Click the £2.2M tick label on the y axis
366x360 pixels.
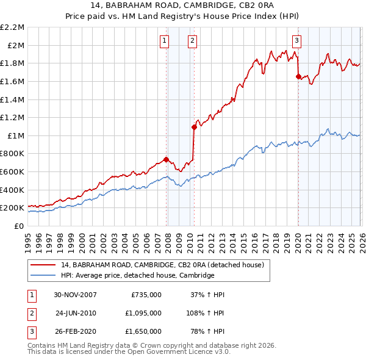[13, 27]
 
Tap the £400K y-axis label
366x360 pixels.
[13, 190]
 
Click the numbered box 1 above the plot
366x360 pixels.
[165, 41]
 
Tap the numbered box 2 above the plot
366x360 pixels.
[192, 41]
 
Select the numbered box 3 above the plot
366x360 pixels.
[296, 41]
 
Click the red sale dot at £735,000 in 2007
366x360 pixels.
[167, 159]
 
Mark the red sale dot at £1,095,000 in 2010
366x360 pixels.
[194, 127]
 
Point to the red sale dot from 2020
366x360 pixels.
[298, 77]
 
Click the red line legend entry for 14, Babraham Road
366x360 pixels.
[162, 265]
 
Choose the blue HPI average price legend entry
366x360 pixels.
[137, 276]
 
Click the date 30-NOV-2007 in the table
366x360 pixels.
[75, 295]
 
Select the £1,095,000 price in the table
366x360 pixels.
[146, 313]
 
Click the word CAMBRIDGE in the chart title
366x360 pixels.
[206, 7]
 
